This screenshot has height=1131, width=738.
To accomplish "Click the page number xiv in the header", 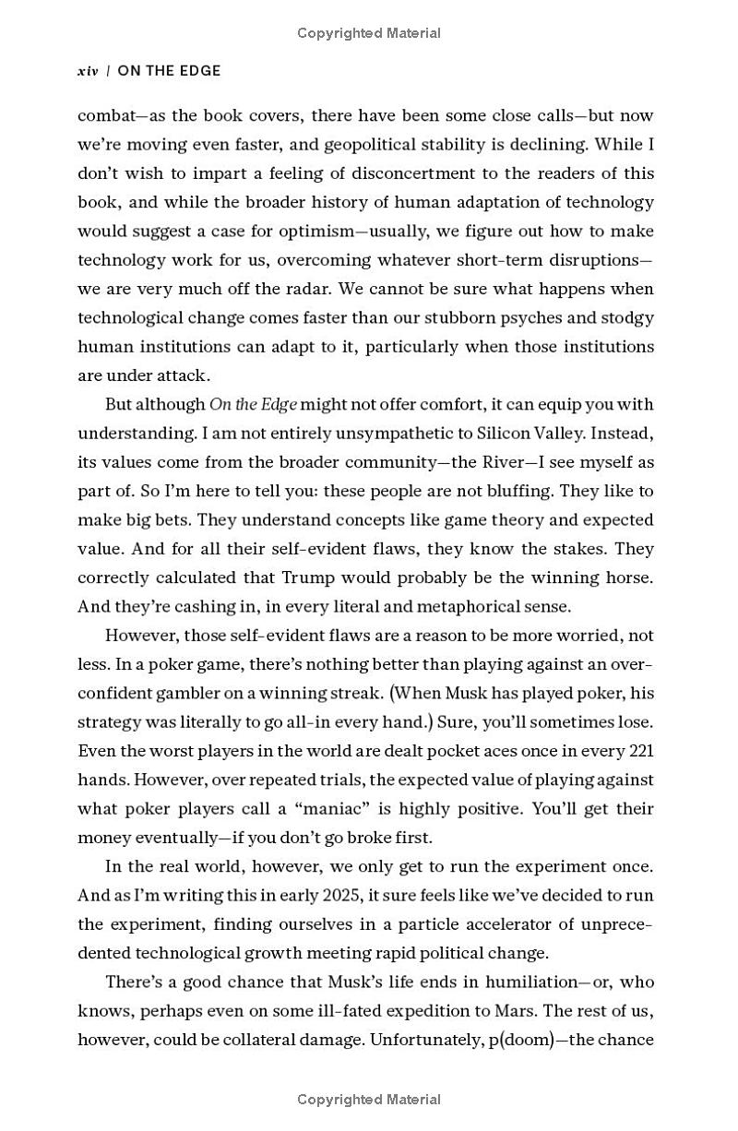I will tap(88, 71).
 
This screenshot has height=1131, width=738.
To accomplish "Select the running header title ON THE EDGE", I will tap(169, 71).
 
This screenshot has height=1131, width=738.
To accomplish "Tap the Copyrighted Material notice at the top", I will tap(369, 33).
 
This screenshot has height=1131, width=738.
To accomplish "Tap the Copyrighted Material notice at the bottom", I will tap(369, 1099).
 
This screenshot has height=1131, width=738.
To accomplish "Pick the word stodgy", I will tap(626, 317).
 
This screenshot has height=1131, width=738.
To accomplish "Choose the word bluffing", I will tap(519, 491).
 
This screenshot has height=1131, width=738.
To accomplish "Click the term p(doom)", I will tap(519, 1040).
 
